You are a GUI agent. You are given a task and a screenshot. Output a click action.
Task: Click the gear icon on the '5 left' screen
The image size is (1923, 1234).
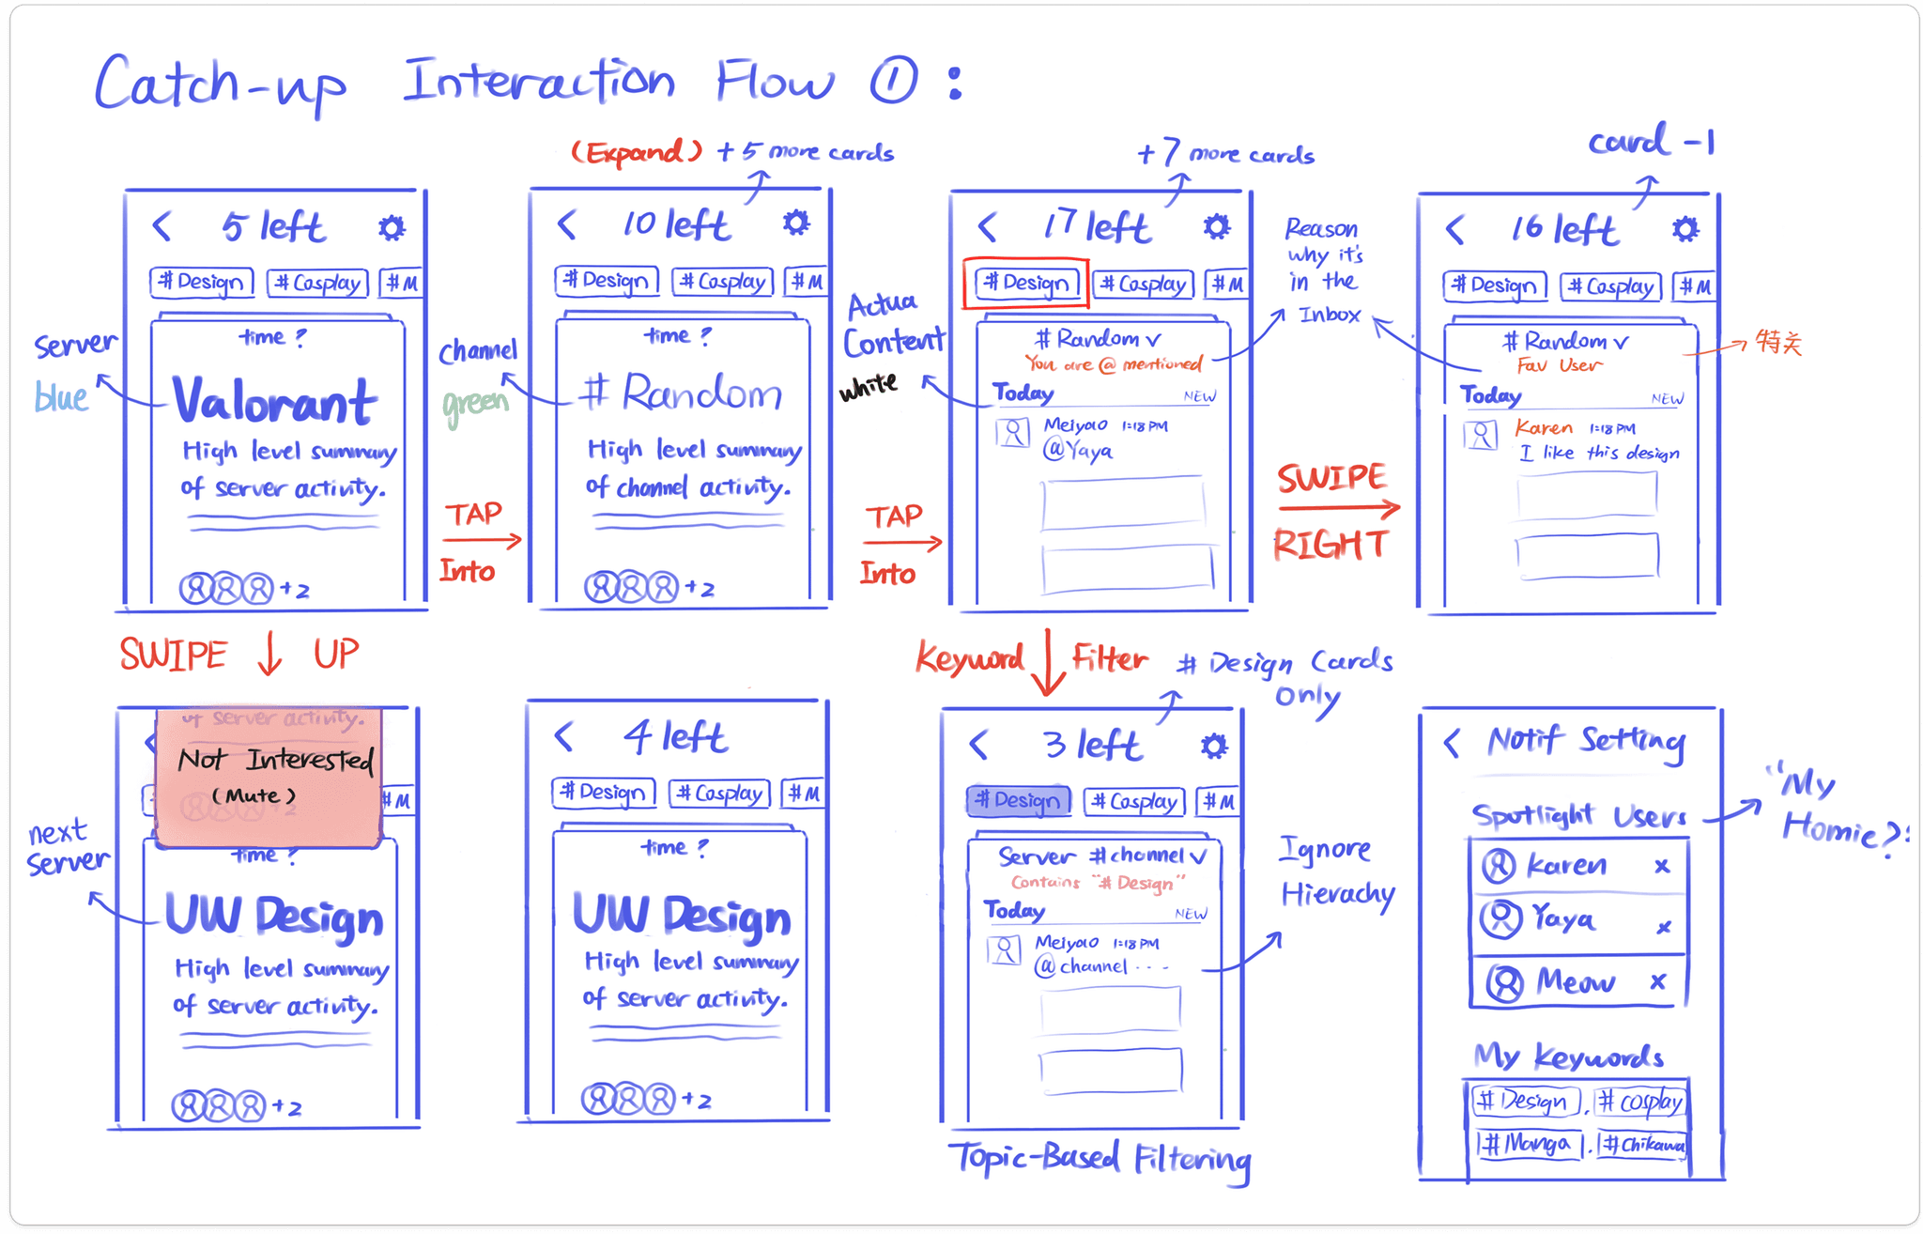(x=392, y=228)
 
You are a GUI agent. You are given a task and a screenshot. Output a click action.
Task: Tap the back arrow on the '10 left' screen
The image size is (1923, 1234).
(x=566, y=225)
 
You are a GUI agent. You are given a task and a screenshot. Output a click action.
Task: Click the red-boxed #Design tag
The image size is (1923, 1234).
(x=1025, y=283)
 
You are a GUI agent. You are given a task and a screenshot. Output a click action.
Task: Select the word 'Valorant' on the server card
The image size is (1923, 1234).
(x=275, y=402)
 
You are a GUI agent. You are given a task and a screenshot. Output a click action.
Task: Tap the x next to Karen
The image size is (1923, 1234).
(x=1662, y=866)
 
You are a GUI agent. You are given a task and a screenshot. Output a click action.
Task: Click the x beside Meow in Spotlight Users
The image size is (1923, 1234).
(x=1658, y=981)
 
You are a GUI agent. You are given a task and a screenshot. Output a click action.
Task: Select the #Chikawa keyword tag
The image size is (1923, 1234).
(x=1643, y=1145)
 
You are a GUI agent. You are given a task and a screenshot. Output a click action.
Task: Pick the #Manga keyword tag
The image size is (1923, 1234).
(x=1528, y=1144)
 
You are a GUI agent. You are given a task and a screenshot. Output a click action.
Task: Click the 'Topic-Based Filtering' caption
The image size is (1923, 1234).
(x=1099, y=1159)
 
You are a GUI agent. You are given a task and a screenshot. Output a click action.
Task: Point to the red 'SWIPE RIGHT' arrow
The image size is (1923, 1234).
(x=1339, y=509)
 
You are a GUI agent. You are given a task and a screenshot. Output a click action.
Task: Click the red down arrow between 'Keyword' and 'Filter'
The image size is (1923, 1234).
(x=1049, y=663)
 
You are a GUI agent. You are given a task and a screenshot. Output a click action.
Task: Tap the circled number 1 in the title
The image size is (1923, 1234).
(x=893, y=81)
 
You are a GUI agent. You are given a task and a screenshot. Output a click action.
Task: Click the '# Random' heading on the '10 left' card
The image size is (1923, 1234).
(x=682, y=393)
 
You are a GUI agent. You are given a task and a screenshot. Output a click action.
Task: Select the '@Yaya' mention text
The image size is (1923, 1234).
(x=1078, y=451)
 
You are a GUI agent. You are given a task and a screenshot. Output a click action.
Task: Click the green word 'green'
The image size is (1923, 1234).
(x=475, y=405)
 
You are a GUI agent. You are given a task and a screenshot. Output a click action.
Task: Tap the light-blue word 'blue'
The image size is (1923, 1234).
(x=61, y=397)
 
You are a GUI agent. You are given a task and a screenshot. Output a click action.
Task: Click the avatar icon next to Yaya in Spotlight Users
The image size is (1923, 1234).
(x=1500, y=918)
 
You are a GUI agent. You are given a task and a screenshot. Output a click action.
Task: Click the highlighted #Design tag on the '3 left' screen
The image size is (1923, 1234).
(x=1019, y=800)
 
